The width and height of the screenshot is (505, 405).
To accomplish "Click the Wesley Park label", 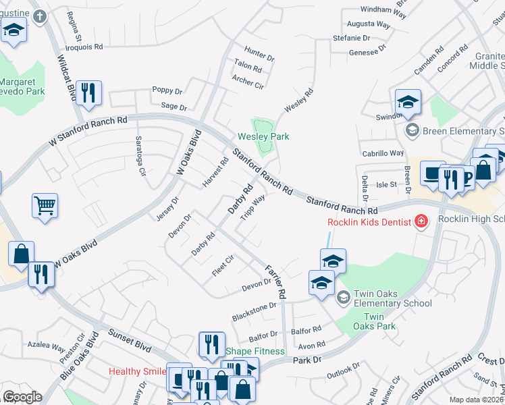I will coord(263,136).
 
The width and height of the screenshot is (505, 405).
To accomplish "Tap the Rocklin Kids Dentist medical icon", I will coord(421,221).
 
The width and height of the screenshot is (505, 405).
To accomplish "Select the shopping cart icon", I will coord(45,207).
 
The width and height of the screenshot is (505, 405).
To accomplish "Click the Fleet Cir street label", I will coord(222,259).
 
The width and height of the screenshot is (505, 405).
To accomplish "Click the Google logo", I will coord(22,397).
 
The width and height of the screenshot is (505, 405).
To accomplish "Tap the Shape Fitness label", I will coord(255,351).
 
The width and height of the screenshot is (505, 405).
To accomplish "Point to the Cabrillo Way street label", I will coord(383,154).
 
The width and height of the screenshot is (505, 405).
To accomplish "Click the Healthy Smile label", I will coord(138,371).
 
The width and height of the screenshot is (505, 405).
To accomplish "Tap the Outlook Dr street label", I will coord(344,371).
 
